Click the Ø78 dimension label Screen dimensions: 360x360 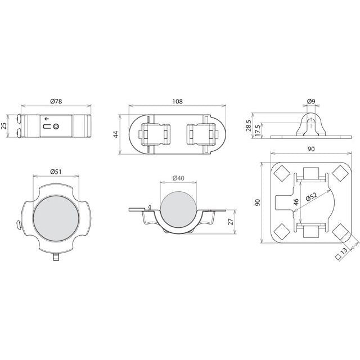[x=56, y=101]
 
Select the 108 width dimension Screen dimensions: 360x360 [x=177, y=101]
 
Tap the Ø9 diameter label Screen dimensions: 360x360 [x=311, y=101]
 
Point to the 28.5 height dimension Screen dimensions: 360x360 [x=249, y=125]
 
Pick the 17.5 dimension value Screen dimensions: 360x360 [x=258, y=130]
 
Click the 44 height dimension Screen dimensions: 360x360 [x=116, y=134]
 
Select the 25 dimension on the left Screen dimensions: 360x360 [x=4, y=126]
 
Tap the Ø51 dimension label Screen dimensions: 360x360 [x=56, y=171]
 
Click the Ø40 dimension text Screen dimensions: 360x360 [x=178, y=178]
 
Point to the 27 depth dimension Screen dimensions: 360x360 [x=231, y=221]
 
